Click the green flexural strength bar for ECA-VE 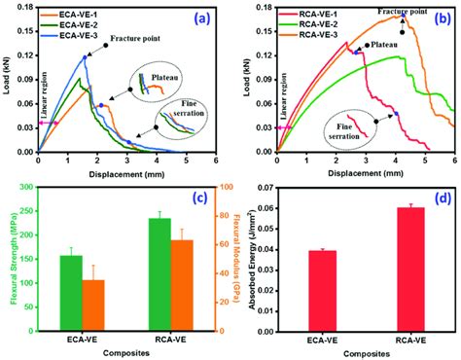tap(71, 292)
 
